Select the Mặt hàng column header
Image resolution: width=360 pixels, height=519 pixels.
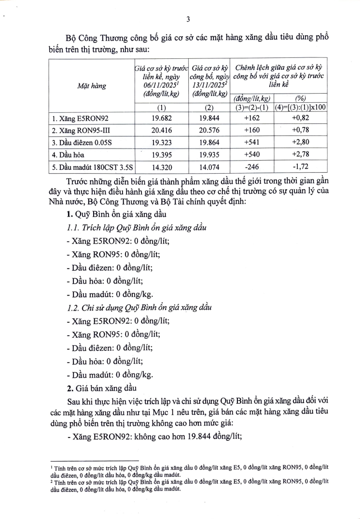click(92, 86)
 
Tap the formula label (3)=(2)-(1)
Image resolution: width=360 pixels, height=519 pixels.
click(251, 107)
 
